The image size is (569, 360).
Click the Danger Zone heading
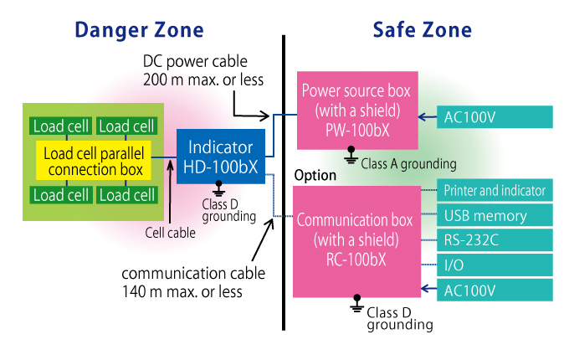coord(139,31)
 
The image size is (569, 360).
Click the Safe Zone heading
coord(422,31)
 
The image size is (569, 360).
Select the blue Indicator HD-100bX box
coord(221,157)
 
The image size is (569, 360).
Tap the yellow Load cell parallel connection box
coord(93,161)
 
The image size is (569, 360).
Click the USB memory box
coord(495,216)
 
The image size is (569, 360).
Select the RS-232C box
coord(495,241)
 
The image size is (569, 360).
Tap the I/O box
coord(495,266)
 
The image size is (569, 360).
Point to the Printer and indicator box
coord(495,191)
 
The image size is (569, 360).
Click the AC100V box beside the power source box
coord(495,117)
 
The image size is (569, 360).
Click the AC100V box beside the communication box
coord(495,291)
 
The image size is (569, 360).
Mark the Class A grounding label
coord(408,164)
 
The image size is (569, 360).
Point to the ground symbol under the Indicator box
coord(219,188)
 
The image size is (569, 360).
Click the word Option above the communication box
coord(315,176)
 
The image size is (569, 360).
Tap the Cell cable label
coord(170,234)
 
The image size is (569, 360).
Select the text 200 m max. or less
coord(204,80)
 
